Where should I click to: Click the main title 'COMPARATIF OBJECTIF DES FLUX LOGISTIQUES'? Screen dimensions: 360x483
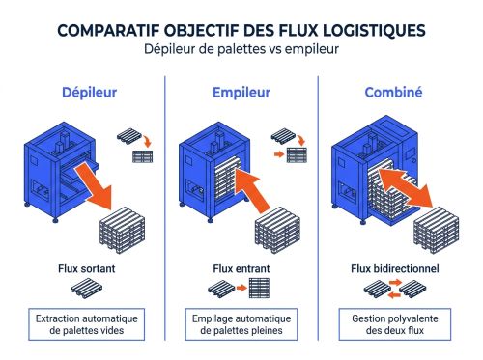click(x=241, y=29)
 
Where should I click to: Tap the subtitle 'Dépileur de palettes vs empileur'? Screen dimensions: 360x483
click(x=241, y=49)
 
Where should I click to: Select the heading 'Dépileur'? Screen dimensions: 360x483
click(x=83, y=93)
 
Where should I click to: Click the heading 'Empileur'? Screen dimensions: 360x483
click(x=241, y=93)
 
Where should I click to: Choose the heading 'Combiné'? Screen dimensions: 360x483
click(x=395, y=93)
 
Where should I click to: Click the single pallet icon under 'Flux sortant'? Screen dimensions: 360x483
click(x=84, y=289)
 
